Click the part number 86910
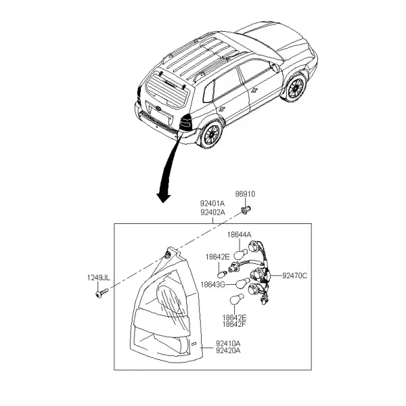click(x=245, y=194)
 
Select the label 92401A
click(x=212, y=203)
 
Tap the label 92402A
click(x=212, y=212)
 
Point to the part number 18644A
click(x=240, y=235)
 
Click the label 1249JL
click(x=98, y=278)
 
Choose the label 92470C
click(x=294, y=276)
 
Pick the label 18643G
click(x=213, y=285)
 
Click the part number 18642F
click(x=234, y=324)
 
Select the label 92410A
click(x=228, y=344)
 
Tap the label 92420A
click(x=228, y=351)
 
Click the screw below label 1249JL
click(x=101, y=293)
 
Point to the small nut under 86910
click(x=246, y=209)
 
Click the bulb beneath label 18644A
click(x=240, y=254)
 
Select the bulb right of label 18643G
click(x=243, y=283)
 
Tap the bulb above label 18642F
click(x=237, y=299)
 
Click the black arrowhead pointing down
click(x=164, y=198)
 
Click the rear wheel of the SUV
click(x=212, y=135)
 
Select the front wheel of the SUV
click(x=296, y=87)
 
